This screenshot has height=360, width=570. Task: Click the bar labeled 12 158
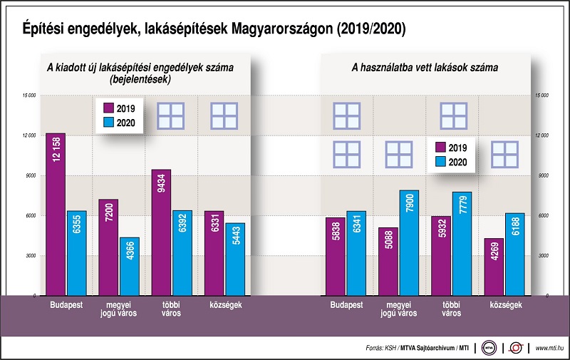click(55, 214)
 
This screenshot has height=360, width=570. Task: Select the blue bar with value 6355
click(76, 253)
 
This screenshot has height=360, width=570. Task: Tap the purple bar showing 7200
click(108, 247)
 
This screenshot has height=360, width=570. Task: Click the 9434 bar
click(161, 232)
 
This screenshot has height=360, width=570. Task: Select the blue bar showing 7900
click(409, 242)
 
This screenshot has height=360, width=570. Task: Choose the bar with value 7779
click(462, 243)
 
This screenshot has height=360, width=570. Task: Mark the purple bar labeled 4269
click(494, 267)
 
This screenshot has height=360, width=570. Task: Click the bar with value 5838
click(336, 256)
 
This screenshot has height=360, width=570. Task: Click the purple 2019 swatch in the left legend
click(109, 108)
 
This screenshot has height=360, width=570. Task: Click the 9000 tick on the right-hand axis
click(542, 175)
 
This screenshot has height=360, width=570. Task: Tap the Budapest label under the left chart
click(65, 305)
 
